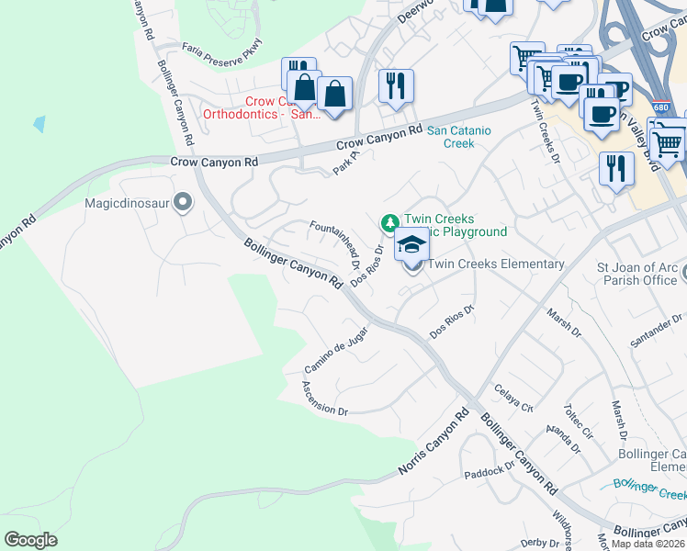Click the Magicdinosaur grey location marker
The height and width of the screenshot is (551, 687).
pos(182,202)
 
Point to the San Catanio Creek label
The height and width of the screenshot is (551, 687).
pos(459,137)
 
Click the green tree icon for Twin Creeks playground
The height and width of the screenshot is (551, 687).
pos(389,223)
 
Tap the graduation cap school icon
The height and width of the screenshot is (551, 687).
pos(411,246)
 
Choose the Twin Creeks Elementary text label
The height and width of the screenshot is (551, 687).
pos(496,264)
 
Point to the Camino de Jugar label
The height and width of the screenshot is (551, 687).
pos(336,350)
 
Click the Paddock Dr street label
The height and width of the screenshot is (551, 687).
pos(490,470)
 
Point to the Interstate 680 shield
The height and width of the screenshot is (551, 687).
pos(661,107)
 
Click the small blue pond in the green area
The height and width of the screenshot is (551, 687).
pos(39,123)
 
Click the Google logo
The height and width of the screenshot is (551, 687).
pos(30,539)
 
